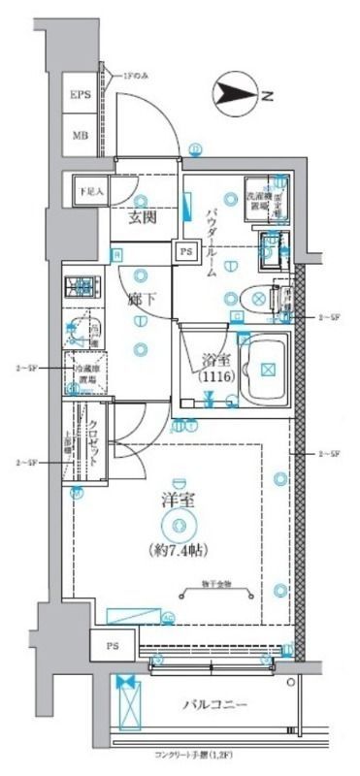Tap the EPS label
pos(80,96)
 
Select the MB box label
pos(80,136)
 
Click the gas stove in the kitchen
pos(83,287)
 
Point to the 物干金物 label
pos(216,583)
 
